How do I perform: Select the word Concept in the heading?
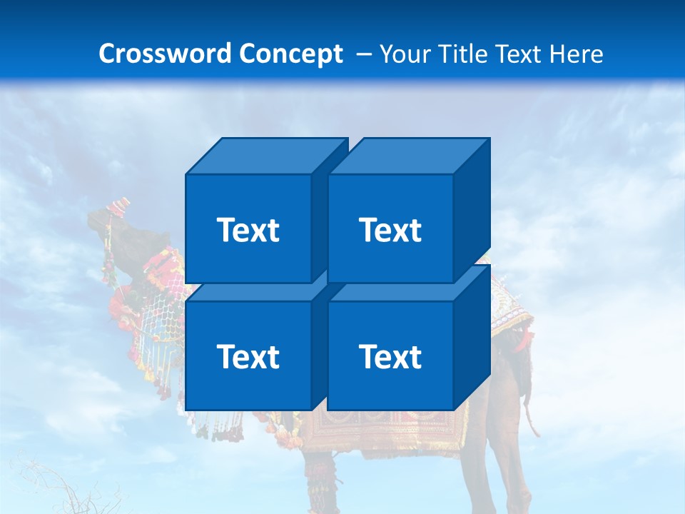click(291, 54)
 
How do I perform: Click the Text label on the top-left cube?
click(248, 231)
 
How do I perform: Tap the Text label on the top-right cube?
click(390, 231)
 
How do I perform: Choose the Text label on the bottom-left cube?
click(248, 357)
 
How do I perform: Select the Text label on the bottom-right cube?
click(390, 357)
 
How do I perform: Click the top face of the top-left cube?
click(264, 156)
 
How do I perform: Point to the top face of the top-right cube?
click(408, 156)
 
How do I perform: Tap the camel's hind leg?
click(485, 464)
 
